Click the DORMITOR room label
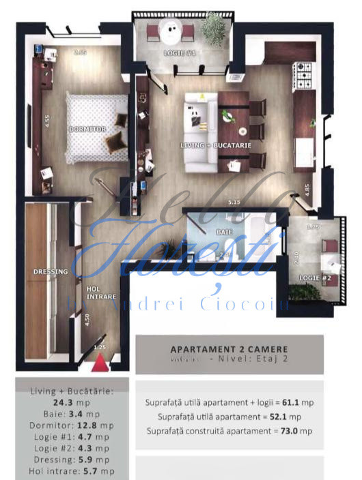(x=87, y=129)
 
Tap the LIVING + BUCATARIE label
(x=216, y=145)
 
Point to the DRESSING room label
(x=51, y=272)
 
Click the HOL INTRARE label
(x=101, y=292)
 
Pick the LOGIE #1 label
(x=180, y=53)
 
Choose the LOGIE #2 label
(x=315, y=277)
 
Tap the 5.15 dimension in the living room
(x=235, y=201)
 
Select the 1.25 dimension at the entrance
(x=100, y=348)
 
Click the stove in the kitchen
(x=303, y=69)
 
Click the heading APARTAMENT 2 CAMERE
(x=229, y=349)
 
